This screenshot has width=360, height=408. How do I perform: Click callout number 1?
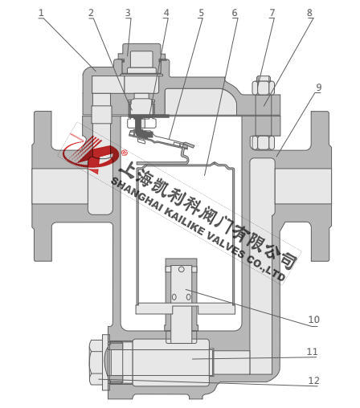41,13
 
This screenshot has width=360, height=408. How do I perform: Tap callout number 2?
92,13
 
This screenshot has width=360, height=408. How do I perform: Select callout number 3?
128,13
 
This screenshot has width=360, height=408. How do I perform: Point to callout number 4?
166,13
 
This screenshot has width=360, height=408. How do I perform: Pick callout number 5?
201,13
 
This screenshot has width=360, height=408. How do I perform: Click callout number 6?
235,13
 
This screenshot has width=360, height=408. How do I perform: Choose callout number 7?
272,13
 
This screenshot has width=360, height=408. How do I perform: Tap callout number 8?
309,13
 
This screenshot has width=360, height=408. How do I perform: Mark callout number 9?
318,88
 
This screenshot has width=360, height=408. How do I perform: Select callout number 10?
314,320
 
